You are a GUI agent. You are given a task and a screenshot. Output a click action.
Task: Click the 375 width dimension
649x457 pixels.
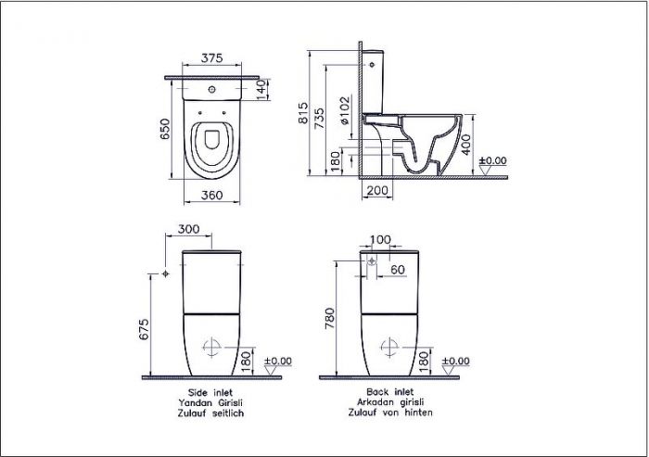[214, 57]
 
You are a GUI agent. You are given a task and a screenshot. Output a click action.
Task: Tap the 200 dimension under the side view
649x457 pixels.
[375, 190]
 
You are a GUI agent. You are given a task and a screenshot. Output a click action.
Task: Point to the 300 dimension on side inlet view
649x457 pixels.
[188, 228]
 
